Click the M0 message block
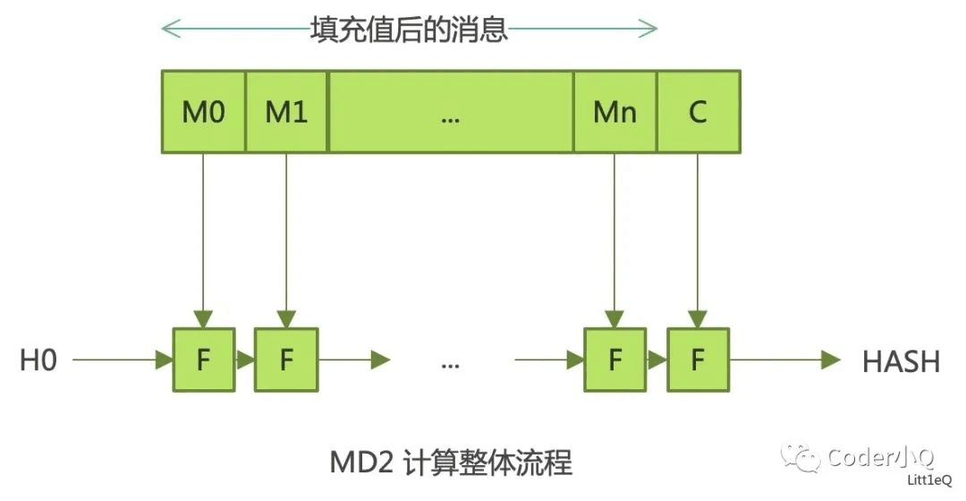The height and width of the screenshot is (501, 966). (x=203, y=112)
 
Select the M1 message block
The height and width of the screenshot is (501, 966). (x=286, y=112)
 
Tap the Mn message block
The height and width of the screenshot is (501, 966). (x=614, y=112)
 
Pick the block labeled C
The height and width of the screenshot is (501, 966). (x=699, y=112)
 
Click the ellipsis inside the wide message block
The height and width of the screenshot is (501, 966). (x=450, y=114)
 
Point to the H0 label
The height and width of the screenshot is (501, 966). (x=38, y=361)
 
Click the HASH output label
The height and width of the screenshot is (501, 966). (x=901, y=361)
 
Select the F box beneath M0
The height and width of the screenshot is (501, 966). (x=203, y=360)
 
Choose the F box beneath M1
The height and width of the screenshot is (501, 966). (x=286, y=360)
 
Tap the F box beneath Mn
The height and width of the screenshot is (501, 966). (x=614, y=360)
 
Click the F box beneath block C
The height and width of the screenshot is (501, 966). (x=698, y=360)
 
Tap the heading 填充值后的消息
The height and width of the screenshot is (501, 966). (x=409, y=29)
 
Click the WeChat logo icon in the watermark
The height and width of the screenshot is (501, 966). (x=801, y=458)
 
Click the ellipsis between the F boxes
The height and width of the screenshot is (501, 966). (x=450, y=363)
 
